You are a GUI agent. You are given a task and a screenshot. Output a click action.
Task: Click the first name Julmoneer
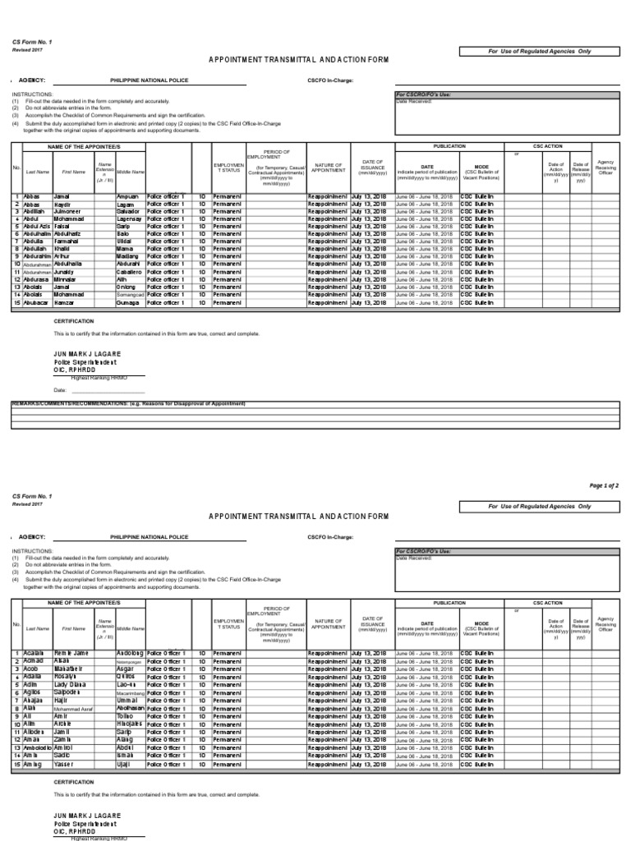coord(68,212)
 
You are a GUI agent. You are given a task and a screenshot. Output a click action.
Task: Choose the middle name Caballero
coord(129,272)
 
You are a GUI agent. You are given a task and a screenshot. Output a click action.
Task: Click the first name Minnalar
coord(67,279)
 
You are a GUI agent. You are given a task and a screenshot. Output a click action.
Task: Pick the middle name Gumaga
coord(128,302)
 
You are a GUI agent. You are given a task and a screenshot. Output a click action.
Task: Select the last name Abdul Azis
coord(36,227)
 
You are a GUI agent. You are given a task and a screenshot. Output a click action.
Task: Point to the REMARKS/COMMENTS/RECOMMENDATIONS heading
coord(128,405)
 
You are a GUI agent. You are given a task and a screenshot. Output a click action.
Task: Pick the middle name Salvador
coord(130,212)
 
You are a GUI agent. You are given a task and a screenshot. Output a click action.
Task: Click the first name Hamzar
coord(65,302)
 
